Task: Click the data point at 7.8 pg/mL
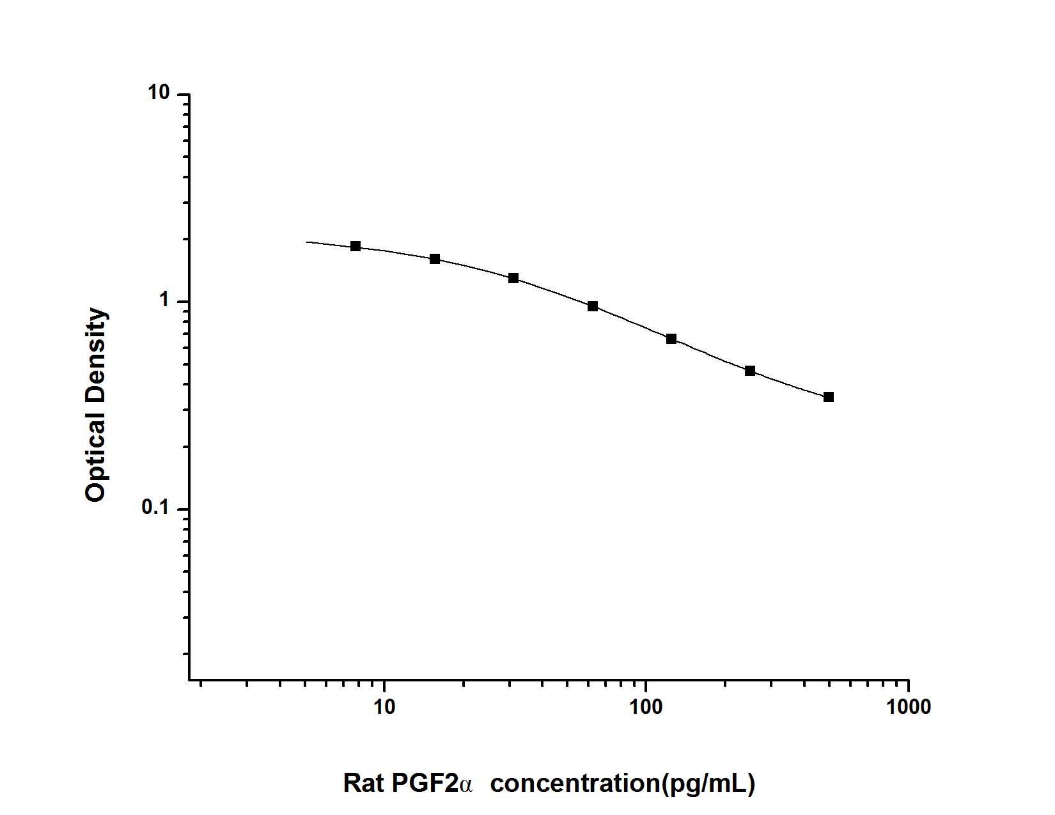(x=356, y=246)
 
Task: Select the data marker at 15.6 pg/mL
(x=435, y=259)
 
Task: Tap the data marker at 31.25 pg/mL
(x=513, y=278)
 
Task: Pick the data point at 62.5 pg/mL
(x=593, y=306)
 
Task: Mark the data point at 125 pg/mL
(x=671, y=339)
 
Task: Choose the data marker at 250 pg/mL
(x=750, y=371)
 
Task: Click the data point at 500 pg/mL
(x=829, y=397)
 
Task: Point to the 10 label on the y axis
(x=159, y=93)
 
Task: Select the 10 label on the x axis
(x=384, y=707)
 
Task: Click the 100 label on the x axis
(x=646, y=707)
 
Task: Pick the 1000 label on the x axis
(x=909, y=707)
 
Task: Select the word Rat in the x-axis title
(x=363, y=783)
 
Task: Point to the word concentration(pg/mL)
(x=622, y=783)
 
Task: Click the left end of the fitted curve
(x=307, y=242)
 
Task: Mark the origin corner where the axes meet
(x=189, y=679)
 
